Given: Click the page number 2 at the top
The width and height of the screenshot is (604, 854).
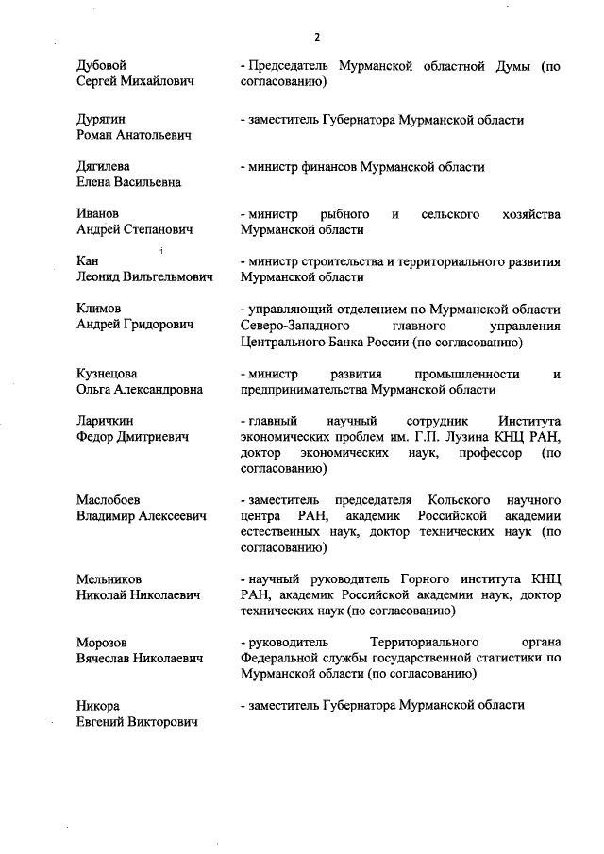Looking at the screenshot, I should click(317, 37).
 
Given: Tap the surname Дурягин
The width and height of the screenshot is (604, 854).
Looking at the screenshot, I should click(101, 120).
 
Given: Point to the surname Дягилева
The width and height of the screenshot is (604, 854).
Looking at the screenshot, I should click(103, 166).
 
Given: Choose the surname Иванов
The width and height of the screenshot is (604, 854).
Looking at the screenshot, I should click(98, 213).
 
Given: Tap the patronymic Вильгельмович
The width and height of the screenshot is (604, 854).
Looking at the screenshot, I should click(167, 277).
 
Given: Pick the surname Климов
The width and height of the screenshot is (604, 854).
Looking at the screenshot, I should click(99, 309).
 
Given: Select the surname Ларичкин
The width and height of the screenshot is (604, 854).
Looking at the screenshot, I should click(104, 420).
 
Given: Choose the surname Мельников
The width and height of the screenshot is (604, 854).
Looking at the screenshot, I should click(109, 578).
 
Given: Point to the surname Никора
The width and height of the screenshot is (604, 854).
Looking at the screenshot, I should click(98, 705).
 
